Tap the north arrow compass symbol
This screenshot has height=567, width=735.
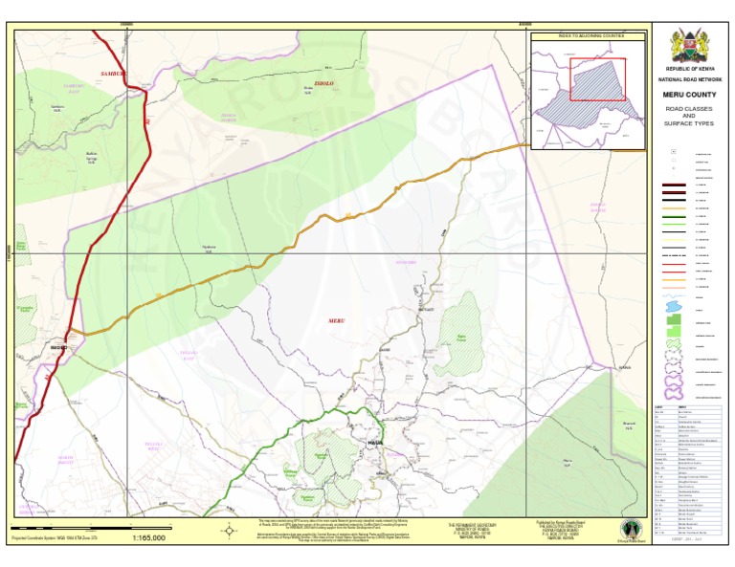pyautogui.click(x=230, y=530)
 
